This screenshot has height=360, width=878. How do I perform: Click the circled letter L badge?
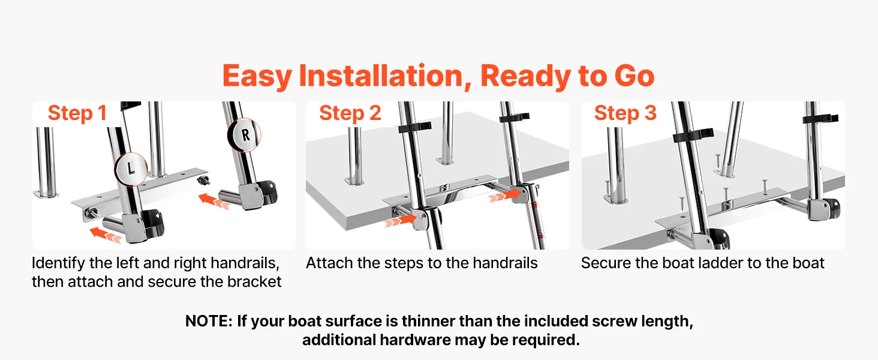pyautogui.click(x=131, y=169)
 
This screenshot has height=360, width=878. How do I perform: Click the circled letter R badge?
pyautogui.click(x=244, y=135)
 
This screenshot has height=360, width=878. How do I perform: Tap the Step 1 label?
pyautogui.click(x=77, y=113)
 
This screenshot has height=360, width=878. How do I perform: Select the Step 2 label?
pyautogui.click(x=350, y=113)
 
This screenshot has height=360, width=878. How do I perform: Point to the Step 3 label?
pyautogui.click(x=625, y=113)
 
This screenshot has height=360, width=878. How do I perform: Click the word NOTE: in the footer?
pyautogui.click(x=209, y=321)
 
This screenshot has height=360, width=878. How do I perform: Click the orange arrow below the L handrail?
pyautogui.click(x=105, y=235)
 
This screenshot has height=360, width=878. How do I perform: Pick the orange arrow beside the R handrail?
pyautogui.click(x=214, y=201)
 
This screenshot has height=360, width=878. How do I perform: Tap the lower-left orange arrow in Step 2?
pyautogui.click(x=400, y=221)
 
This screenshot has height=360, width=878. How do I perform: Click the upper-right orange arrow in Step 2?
pyautogui.click(x=505, y=196)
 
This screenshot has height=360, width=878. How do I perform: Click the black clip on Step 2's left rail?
pyautogui.click(x=414, y=127)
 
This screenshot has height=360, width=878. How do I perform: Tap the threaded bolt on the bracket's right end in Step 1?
pyautogui.click(x=203, y=181)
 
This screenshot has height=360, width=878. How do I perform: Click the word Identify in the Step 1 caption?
pyautogui.click(x=58, y=263)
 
